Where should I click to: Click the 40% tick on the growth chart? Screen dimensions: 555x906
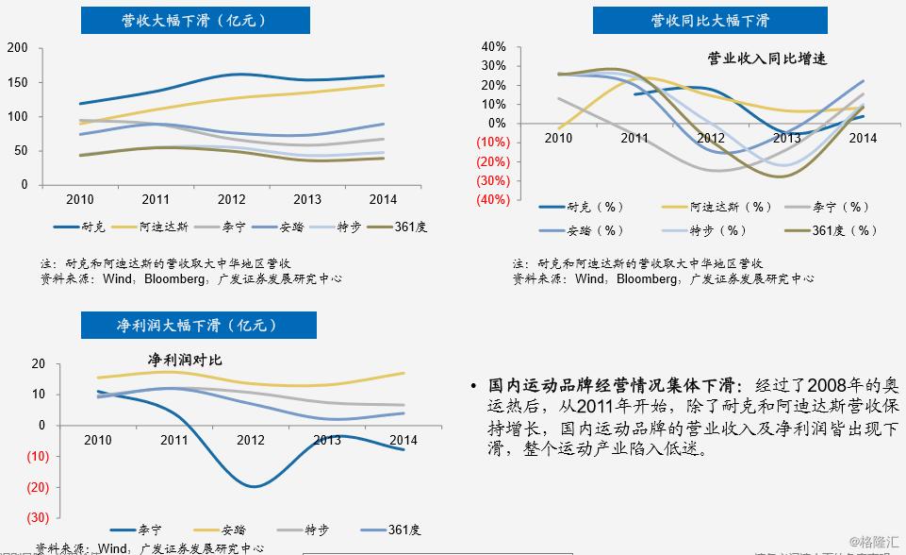pyautogui.click(x=494, y=46)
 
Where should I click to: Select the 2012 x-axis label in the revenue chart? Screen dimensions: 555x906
pyautogui.click(x=231, y=200)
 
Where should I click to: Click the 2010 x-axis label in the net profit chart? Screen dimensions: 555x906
pyautogui.click(x=97, y=441)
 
